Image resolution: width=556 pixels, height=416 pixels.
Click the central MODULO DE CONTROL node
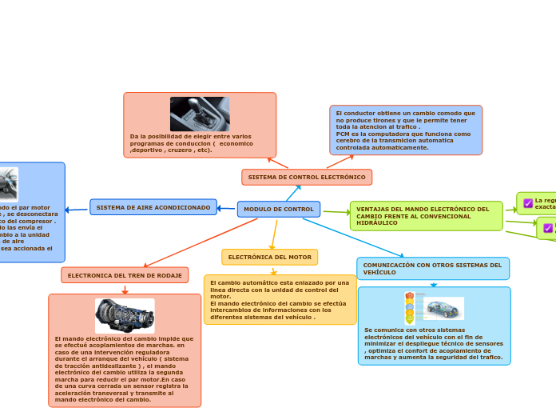click(x=278, y=209)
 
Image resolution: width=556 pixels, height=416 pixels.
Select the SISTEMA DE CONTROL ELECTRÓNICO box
click(x=307, y=177)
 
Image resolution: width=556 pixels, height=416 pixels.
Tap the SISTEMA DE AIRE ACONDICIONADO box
click(x=153, y=207)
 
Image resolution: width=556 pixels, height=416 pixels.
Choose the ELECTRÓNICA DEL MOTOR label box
click(x=269, y=257)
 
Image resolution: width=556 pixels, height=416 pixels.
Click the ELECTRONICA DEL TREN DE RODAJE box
click(x=125, y=275)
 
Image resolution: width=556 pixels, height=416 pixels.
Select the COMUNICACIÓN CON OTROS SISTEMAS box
click(x=432, y=268)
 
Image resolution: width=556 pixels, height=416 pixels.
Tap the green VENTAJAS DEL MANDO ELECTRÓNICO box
click(x=426, y=216)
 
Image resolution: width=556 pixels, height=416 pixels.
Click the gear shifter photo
click(x=200, y=114)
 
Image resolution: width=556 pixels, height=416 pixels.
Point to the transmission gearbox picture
click(x=125, y=316)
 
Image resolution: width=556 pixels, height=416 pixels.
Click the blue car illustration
click(x=443, y=308)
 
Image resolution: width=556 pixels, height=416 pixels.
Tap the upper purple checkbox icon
click(x=528, y=203)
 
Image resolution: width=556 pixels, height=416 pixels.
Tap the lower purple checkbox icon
click(x=548, y=228)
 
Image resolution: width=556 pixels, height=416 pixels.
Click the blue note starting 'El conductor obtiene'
click(x=406, y=130)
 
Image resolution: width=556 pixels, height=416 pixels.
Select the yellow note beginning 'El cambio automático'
click(x=280, y=299)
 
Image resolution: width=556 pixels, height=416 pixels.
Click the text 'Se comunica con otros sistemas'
click(x=414, y=330)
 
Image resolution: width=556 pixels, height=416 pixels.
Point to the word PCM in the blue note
click(x=342, y=134)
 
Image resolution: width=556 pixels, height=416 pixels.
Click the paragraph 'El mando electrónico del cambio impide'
click(x=124, y=369)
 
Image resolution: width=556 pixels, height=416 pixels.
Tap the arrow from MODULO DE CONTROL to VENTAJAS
click(x=336, y=212)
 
